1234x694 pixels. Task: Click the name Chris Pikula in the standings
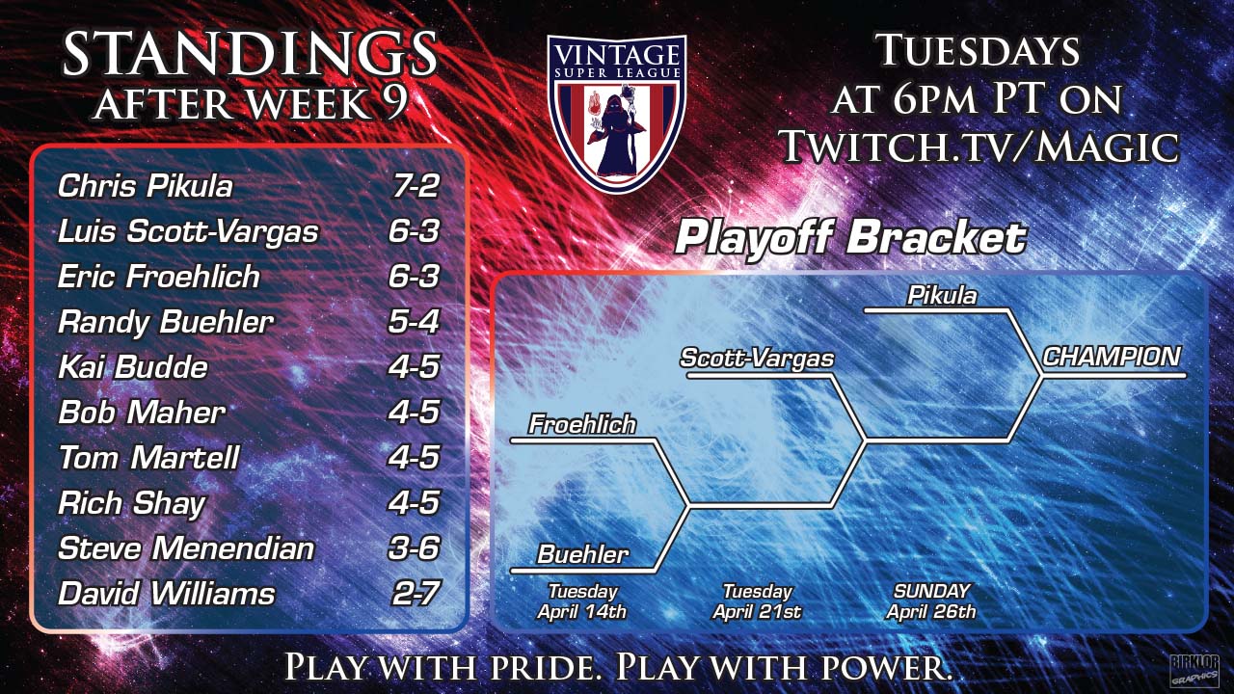(146, 186)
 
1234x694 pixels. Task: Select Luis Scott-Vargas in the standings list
(188, 231)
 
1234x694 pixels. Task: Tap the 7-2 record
(416, 186)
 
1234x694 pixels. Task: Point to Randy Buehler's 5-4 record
(414, 322)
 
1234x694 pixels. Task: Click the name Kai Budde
(133, 367)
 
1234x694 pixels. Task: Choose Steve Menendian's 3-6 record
(414, 548)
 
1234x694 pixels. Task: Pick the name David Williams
(166, 594)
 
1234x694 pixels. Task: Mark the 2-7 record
(416, 594)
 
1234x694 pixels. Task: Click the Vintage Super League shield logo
(616, 113)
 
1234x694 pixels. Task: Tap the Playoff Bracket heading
(850, 237)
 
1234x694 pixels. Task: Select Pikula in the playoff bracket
(942, 296)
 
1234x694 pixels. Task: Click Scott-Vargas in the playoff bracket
(758, 359)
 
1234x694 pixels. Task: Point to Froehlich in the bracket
(582, 425)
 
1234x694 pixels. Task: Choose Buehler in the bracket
(583, 554)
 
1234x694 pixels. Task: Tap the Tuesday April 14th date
(582, 601)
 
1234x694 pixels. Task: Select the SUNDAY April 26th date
(931, 601)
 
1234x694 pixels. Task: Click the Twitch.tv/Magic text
(980, 146)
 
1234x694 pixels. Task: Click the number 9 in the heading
(394, 103)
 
